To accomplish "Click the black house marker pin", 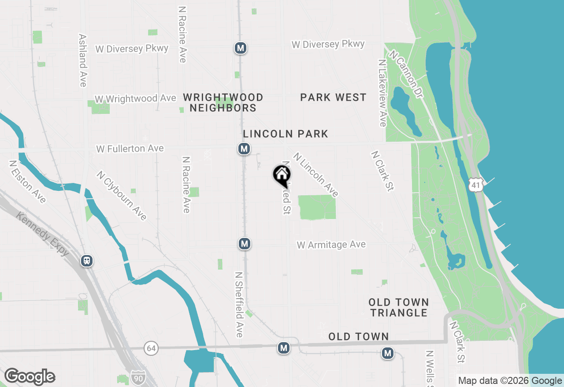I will [282, 175].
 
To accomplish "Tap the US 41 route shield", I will [475, 185].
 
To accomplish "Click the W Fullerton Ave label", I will [130, 149].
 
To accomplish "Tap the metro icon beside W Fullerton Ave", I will [244, 149].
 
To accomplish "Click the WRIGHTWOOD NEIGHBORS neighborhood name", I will [223, 102].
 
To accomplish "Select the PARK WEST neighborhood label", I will [333, 98].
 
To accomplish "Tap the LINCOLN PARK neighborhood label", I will [286, 134].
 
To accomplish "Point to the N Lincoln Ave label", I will [315, 175].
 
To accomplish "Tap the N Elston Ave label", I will [27, 182].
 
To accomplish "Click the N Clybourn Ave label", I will [122, 195].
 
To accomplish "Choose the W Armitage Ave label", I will [331, 245].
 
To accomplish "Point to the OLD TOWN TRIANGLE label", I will [399, 307].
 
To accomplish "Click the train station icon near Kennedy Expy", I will [87, 261].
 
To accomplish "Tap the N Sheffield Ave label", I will [238, 304].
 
